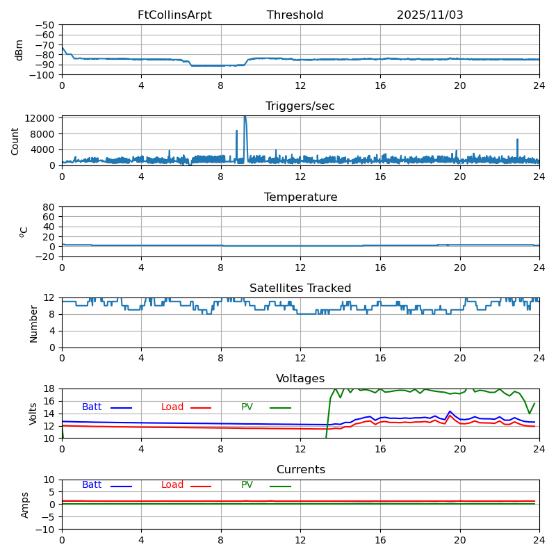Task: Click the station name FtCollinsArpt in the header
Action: click(174, 15)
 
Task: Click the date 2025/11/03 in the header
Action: click(430, 15)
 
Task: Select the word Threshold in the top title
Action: click(295, 15)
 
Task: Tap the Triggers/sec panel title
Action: click(300, 106)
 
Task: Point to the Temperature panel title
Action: click(300, 197)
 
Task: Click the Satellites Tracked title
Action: click(300, 288)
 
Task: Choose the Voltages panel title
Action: click(300, 379)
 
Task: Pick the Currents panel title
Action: click(300, 470)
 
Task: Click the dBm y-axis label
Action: click(19, 50)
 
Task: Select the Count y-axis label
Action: click(15, 140)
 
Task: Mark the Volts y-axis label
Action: click(33, 414)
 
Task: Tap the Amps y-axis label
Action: click(25, 505)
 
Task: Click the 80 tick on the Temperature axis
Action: click(49, 207)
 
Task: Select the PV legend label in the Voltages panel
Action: click(247, 407)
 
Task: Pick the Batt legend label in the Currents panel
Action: click(92, 485)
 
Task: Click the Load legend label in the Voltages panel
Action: click(172, 407)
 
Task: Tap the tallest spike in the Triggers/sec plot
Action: click(245, 117)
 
